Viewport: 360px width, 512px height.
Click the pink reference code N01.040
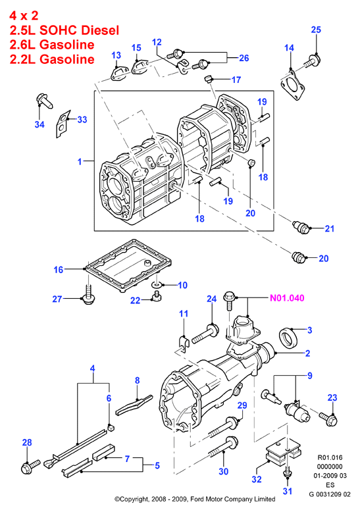point(287,298)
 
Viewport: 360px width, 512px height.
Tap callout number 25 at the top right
point(316,30)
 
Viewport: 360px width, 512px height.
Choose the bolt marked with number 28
point(30,467)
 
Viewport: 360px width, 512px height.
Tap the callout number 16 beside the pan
point(58,270)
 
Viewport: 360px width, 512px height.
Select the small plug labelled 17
point(207,78)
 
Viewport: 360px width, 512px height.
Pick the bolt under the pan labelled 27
point(88,294)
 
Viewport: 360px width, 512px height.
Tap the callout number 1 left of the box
point(80,161)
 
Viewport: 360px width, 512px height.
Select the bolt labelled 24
point(205,334)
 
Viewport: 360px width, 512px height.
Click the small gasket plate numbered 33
point(63,124)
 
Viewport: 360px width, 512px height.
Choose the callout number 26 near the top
point(244,58)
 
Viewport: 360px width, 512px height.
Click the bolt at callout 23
point(328,419)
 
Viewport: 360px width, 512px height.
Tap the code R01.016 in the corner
point(330,457)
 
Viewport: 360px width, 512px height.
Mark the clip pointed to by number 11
point(184,343)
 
